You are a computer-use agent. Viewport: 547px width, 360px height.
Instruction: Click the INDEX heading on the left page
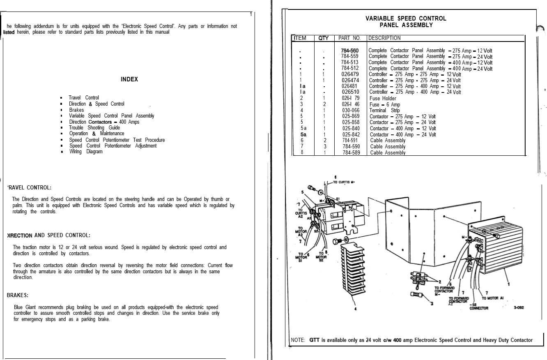[x=129, y=79]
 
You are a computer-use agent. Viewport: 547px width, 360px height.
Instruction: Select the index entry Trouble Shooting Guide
[x=94, y=128]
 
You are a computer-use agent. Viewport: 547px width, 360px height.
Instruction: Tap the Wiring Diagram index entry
[x=86, y=152]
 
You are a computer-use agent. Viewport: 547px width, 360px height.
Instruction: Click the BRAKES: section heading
[x=18, y=295]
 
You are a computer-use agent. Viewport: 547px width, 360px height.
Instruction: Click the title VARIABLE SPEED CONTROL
[x=406, y=18]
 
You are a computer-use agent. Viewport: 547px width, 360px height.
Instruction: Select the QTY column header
[x=324, y=38]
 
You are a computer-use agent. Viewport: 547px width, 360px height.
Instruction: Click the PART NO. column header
[x=349, y=38]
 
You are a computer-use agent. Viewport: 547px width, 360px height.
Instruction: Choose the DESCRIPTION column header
[x=384, y=38]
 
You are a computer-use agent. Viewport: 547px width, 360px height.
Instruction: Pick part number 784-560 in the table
[x=349, y=51]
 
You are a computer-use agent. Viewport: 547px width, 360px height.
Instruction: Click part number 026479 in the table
[x=350, y=74]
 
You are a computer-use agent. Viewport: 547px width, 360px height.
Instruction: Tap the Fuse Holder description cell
[x=383, y=99]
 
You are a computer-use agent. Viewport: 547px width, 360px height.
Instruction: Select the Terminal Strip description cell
[x=384, y=111]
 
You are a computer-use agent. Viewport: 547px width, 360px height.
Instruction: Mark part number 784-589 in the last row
[x=351, y=153]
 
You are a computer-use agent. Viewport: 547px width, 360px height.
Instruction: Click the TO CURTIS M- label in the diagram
[x=344, y=182]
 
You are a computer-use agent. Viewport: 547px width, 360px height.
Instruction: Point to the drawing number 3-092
[x=518, y=307]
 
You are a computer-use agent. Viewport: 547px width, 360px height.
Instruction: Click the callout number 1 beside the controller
[x=509, y=284]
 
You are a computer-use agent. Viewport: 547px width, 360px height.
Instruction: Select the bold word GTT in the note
[x=315, y=340]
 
